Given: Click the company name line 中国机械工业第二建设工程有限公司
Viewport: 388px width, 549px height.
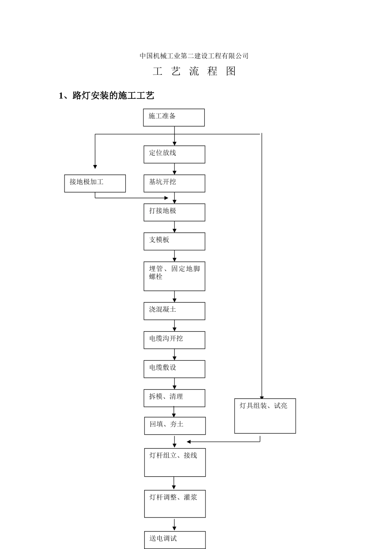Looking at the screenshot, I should pos(194,56).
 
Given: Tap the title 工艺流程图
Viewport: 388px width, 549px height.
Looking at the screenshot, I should pos(194,71).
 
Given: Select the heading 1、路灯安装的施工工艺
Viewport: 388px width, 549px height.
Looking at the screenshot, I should pos(107,96).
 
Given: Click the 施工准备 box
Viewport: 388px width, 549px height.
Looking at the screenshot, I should pos(174,118).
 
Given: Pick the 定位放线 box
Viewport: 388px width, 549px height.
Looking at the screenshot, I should pos(174,154).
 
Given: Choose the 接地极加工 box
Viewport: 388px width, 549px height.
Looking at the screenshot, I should pos(95,183).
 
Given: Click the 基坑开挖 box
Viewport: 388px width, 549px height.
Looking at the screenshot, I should pos(174,183).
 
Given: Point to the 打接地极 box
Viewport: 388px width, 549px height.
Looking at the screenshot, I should pos(174,212).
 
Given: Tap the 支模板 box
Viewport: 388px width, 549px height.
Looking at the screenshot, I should pos(174,241).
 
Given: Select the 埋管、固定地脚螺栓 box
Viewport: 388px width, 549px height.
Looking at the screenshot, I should pos(174,276).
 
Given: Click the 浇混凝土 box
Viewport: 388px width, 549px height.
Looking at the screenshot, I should pos(174,311).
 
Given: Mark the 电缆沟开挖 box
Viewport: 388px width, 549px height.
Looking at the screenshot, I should pos(174,340).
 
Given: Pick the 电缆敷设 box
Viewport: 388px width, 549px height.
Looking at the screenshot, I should pos(174,369).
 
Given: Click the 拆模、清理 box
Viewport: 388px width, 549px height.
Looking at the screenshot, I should pos(174,398).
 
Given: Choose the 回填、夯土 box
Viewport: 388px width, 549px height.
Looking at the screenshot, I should pos(175,426).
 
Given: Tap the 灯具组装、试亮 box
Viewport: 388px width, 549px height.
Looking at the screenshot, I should pos(265,416).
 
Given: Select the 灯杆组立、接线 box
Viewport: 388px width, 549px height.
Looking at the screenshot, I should pos(175,462).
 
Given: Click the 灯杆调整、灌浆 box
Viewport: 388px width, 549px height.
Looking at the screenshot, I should pos(175,504).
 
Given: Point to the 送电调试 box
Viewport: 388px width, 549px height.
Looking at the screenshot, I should pos(175,540).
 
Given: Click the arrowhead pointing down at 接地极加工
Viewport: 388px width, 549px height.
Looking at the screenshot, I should pos(95,167).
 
